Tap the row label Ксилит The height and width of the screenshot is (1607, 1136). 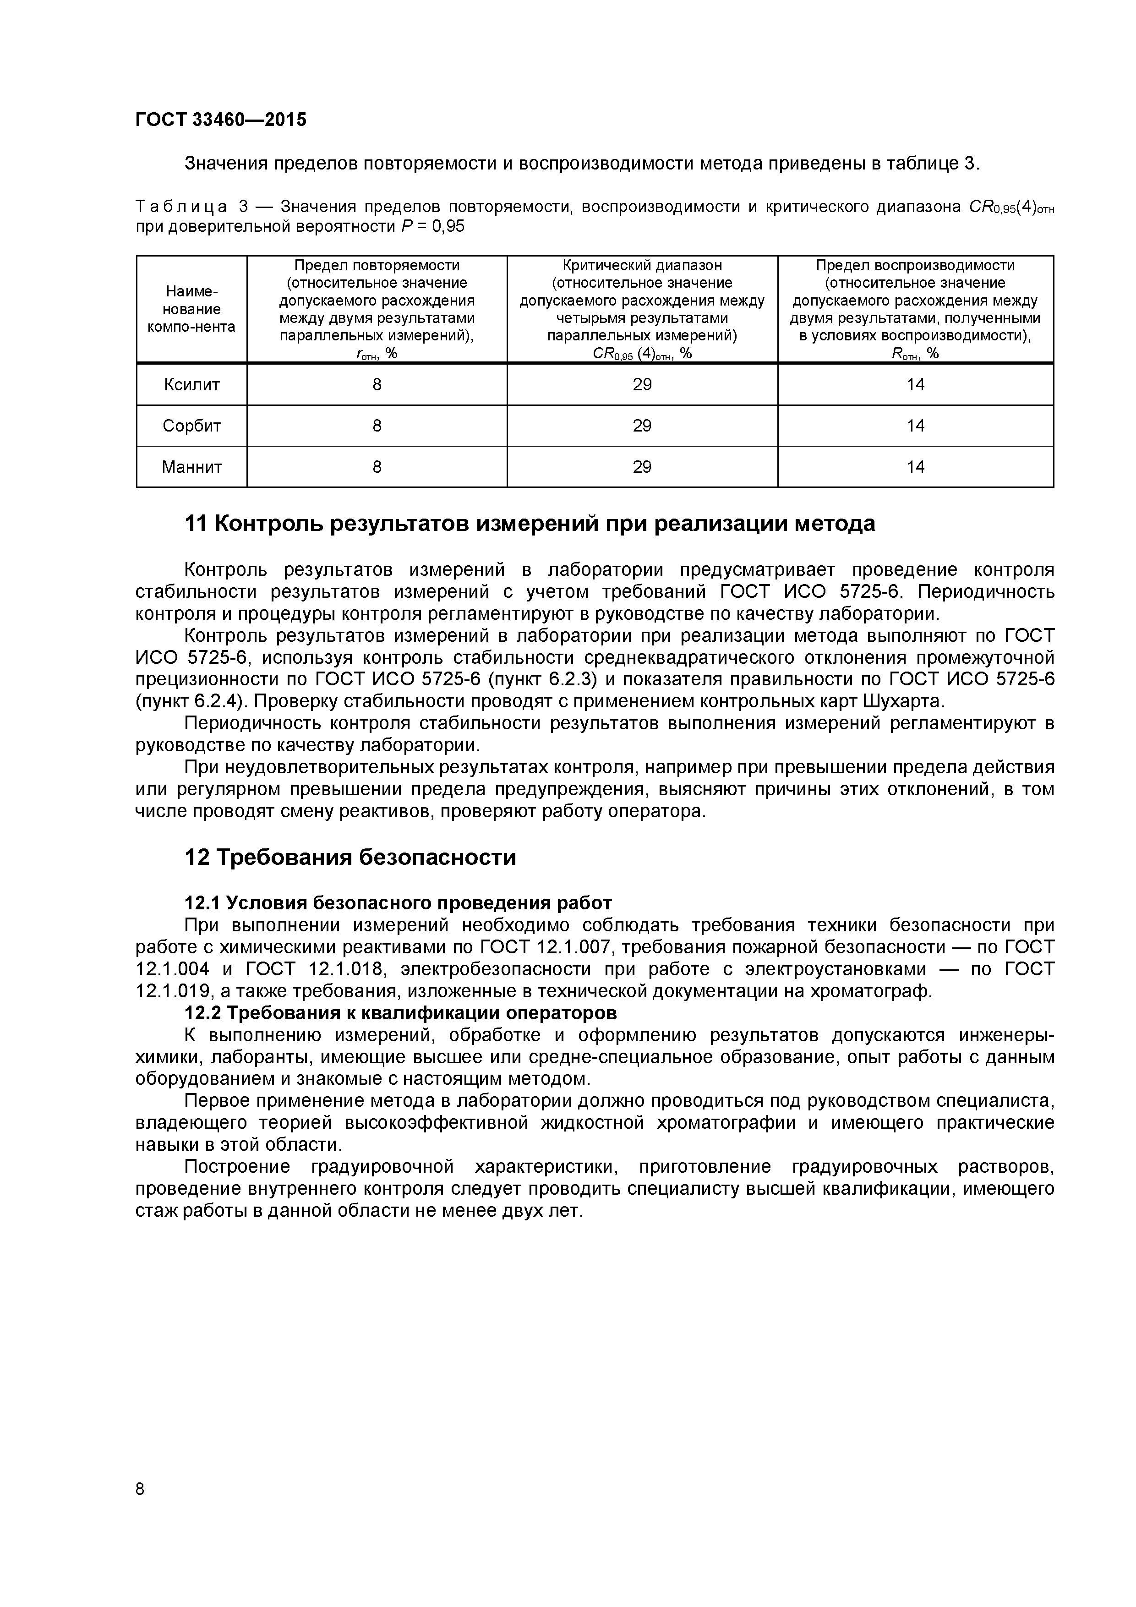(192, 384)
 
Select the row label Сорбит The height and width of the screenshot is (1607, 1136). (192, 426)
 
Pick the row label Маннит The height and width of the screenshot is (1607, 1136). (192, 467)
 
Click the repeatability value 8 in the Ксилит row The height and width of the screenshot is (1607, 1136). (377, 384)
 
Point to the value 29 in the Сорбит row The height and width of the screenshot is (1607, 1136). (642, 426)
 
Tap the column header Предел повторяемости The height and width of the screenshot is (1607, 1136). (377, 266)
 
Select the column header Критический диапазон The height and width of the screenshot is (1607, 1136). (642, 266)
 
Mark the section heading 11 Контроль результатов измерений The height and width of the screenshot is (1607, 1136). (529, 524)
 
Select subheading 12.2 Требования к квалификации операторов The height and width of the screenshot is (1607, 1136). (400, 1013)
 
